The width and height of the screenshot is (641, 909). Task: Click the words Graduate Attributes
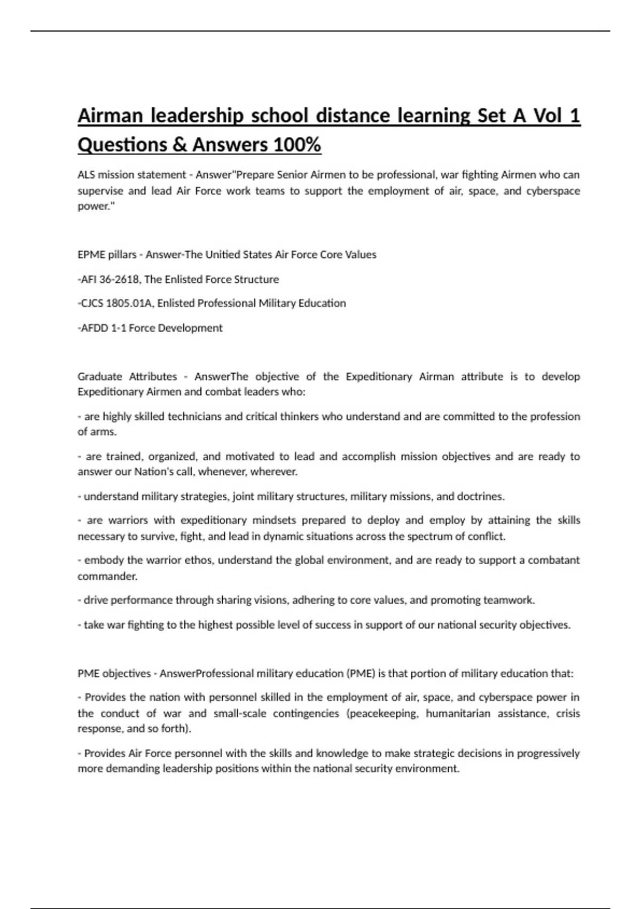127,376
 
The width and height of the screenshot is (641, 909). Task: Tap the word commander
107,576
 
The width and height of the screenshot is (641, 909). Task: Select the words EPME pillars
107,255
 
